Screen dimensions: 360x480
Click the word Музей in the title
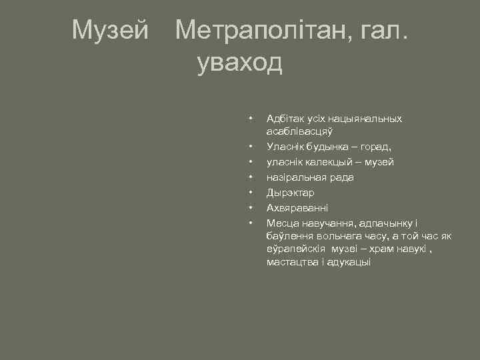point(111,29)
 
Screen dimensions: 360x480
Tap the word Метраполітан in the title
point(259,29)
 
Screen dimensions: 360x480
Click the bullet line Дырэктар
point(290,193)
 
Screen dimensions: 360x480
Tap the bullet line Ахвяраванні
point(297,208)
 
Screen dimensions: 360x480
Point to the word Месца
point(282,223)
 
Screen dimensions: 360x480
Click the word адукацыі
point(347,262)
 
